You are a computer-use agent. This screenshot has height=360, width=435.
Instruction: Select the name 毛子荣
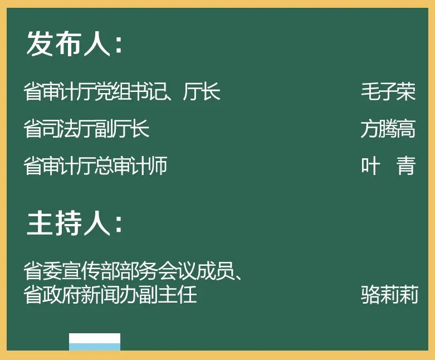coord(388,91)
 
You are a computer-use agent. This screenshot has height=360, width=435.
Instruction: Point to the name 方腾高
coord(388,129)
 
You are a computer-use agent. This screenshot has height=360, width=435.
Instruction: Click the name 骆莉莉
coord(389,294)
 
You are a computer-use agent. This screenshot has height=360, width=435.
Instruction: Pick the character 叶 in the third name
coord(370,166)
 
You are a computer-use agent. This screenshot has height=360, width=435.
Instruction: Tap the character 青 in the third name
coord(406,166)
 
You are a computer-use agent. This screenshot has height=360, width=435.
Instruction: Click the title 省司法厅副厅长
coord(86,129)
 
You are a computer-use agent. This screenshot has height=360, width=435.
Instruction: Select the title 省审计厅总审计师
coord(95,166)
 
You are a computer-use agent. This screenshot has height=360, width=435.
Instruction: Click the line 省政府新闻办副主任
coord(110,294)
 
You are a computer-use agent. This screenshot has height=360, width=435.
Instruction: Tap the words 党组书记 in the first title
coord(130,91)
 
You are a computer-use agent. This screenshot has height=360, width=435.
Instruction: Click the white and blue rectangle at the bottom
coord(95,342)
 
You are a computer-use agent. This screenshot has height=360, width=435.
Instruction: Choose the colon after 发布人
coord(119,45)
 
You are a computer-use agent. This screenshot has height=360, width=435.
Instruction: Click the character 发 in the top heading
coord(40,43)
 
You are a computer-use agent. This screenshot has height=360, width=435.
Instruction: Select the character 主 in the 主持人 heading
coord(40,223)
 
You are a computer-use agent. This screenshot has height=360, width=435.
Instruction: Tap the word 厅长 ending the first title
coord(202,91)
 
